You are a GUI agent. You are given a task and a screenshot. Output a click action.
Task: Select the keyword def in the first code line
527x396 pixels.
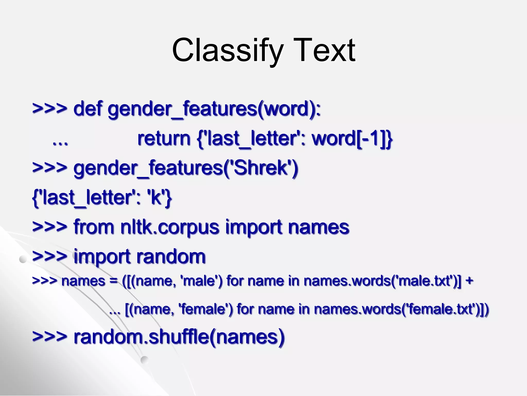(x=88, y=109)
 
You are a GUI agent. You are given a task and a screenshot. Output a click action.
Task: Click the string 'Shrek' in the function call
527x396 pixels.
(x=260, y=168)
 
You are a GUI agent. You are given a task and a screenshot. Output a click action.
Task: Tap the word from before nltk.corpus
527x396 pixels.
(x=94, y=227)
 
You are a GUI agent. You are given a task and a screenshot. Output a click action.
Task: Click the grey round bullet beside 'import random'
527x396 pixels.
(x=23, y=259)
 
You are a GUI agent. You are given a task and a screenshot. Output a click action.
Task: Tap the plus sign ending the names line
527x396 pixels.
(x=469, y=281)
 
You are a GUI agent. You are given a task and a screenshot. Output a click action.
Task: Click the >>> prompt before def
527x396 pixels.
(x=49, y=109)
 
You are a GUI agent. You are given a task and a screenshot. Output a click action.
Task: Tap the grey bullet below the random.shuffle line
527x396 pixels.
(x=145, y=360)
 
